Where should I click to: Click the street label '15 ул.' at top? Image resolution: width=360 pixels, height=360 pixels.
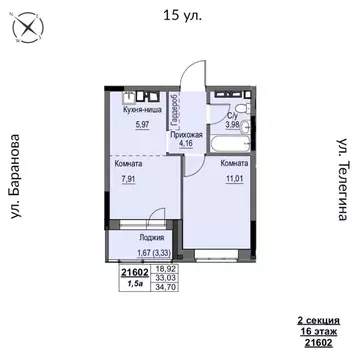click(x=180, y=16)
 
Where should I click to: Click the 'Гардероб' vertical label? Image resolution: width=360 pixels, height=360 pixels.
click(x=175, y=106)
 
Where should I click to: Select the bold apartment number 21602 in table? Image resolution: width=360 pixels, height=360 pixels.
click(x=133, y=272)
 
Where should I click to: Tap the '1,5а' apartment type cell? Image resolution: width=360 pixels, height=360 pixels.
click(x=133, y=285)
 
